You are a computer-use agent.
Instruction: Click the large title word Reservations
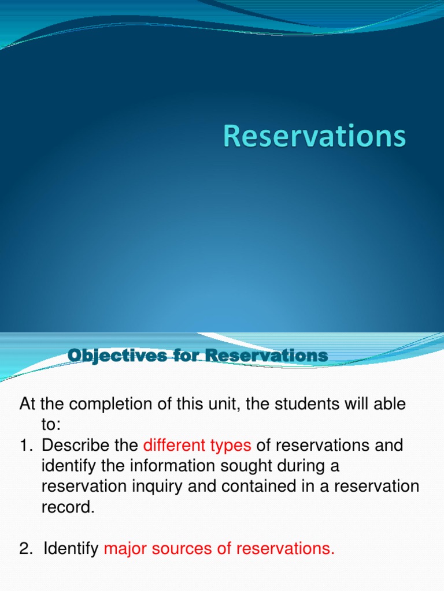[x=314, y=137]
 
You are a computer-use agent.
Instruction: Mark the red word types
[x=230, y=446]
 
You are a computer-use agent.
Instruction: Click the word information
[x=165, y=466]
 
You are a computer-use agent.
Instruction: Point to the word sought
[x=245, y=466]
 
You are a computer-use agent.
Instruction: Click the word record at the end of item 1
[x=66, y=507]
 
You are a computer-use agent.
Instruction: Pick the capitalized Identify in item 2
[x=71, y=549]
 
